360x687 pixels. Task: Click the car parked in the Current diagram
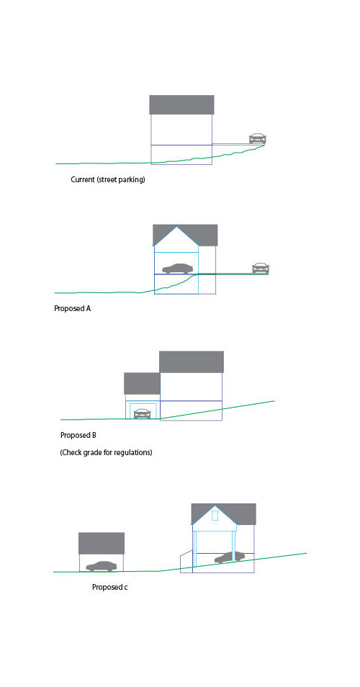[x=257, y=138]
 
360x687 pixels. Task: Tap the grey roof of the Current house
[x=181, y=104]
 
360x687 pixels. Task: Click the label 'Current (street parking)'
[x=108, y=179]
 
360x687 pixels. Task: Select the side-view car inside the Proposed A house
[x=177, y=268]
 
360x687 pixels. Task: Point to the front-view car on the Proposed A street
[x=260, y=268]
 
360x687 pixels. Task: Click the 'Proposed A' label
[x=72, y=308]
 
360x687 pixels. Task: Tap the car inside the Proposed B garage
[x=142, y=413]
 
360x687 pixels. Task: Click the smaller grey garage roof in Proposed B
[x=142, y=383]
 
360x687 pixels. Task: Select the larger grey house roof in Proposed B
[x=192, y=362]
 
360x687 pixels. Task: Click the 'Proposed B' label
[x=78, y=436]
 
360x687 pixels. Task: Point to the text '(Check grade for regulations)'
[x=106, y=452]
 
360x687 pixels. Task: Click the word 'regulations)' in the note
[x=133, y=452]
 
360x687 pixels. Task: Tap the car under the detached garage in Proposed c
[x=102, y=566]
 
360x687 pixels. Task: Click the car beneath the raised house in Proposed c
[x=229, y=557]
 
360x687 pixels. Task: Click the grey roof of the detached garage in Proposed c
[x=102, y=543]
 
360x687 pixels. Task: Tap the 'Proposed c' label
[x=109, y=587]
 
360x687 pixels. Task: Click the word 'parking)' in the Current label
[x=132, y=179]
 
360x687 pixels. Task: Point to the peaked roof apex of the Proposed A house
[x=176, y=226]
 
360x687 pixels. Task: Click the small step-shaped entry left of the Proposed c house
[x=186, y=562]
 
